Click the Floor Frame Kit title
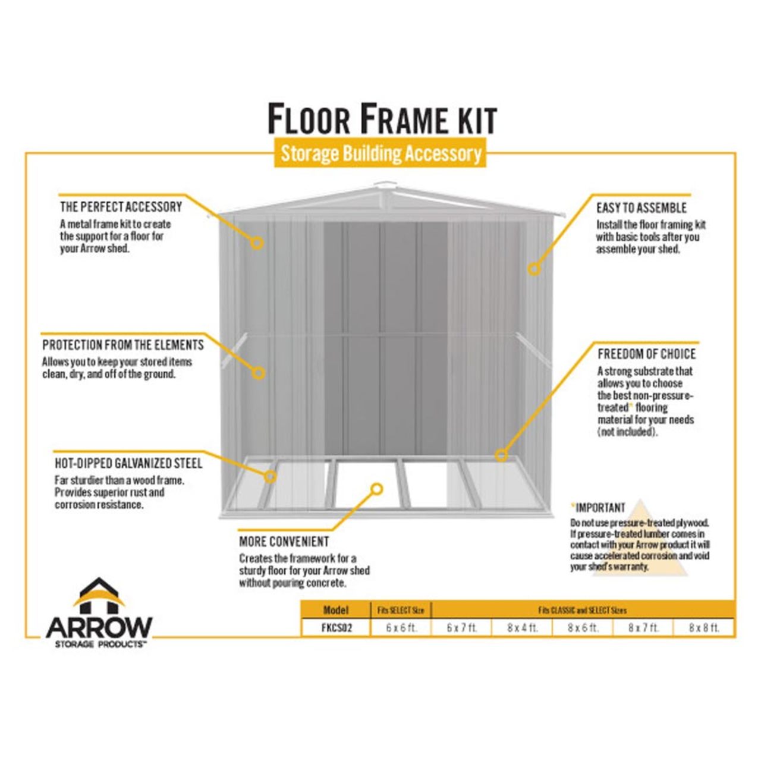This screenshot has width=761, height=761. point(382,119)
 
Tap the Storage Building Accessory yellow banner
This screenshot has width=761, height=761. point(380,153)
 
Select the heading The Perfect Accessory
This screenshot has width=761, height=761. point(121,207)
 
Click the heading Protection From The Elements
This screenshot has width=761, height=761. point(123,345)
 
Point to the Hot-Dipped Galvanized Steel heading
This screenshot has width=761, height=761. point(128,463)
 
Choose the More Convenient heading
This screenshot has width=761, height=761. point(284,542)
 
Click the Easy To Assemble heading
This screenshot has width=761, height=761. point(641,208)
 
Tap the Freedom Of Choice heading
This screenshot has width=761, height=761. point(646,354)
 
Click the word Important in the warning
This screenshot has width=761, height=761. point(600,508)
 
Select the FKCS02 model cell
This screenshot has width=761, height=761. point(336,628)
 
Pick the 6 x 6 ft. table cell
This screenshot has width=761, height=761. point(401,628)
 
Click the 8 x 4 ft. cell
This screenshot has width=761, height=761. point(522,628)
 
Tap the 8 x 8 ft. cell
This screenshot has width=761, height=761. point(704,628)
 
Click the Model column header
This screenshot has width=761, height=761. point(336,610)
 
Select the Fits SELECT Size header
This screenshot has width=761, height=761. point(401,610)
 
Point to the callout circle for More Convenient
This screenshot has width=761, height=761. point(376,489)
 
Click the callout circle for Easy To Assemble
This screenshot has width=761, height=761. point(534,269)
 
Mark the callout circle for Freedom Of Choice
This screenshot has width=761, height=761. point(501,455)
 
